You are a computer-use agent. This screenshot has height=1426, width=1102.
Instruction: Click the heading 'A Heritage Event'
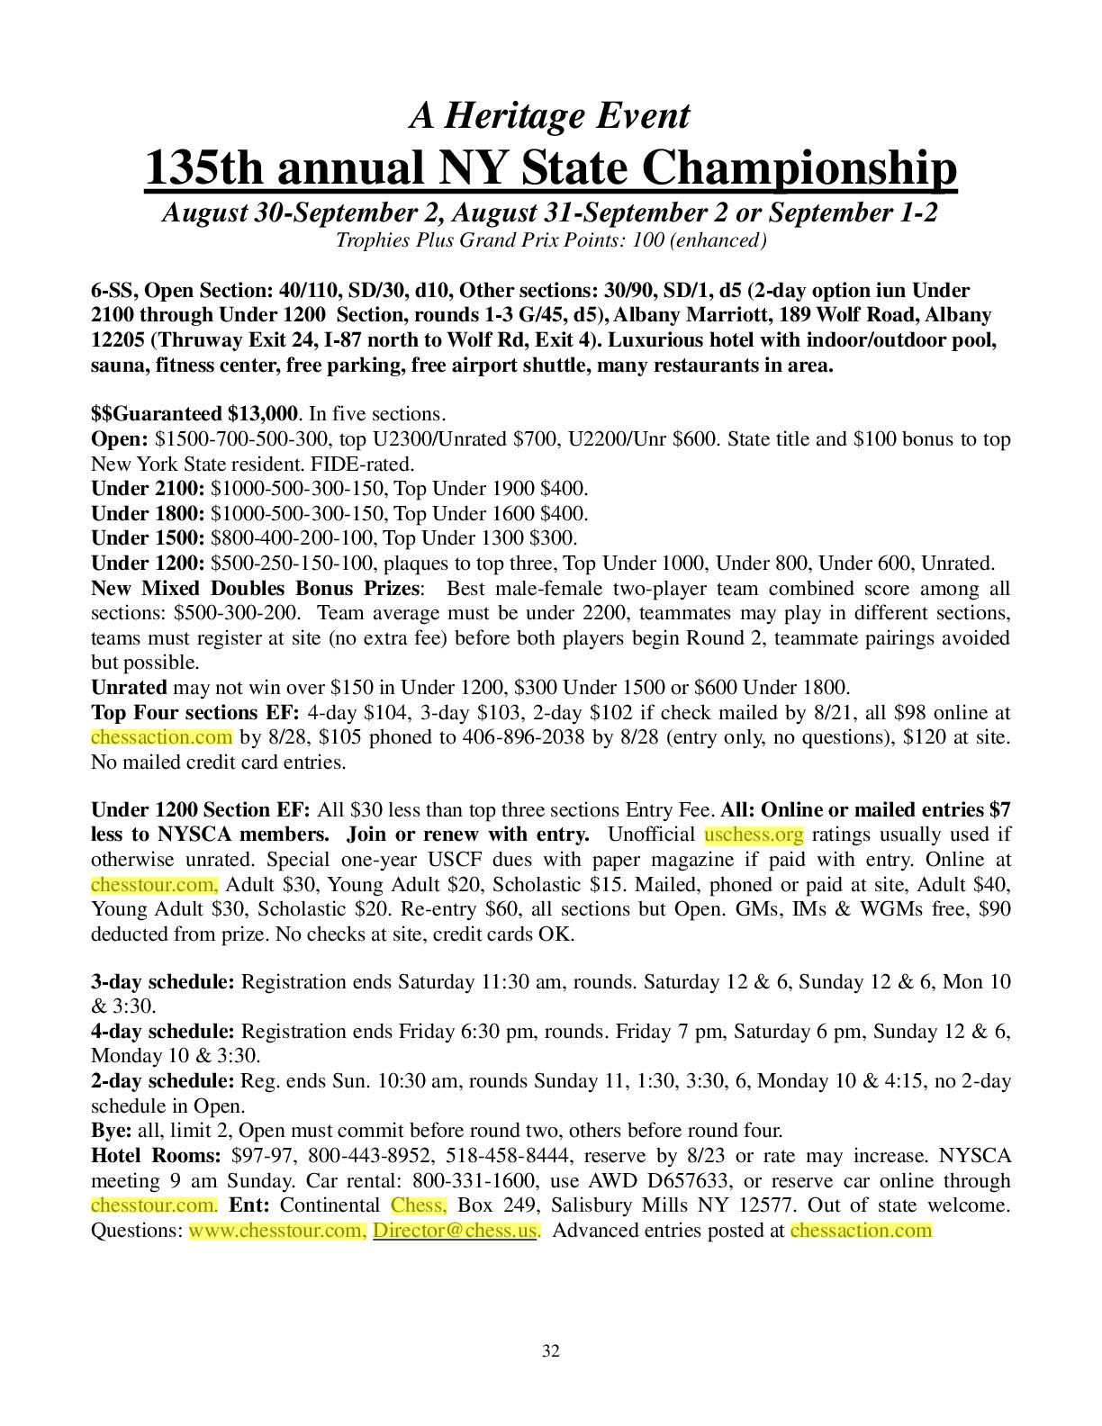pyautogui.click(x=550, y=115)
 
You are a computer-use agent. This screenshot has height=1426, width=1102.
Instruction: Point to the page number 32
pyautogui.click(x=551, y=1350)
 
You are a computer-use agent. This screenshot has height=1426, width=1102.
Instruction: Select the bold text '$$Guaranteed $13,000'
pyautogui.click(x=194, y=414)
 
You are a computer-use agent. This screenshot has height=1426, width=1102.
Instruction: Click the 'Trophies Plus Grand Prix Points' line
pyautogui.click(x=550, y=240)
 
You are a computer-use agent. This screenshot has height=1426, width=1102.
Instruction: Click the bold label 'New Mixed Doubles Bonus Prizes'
pyautogui.click(x=255, y=589)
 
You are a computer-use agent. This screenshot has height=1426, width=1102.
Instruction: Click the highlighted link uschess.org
pyautogui.click(x=754, y=835)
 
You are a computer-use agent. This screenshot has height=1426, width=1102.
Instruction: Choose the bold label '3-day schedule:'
pyautogui.click(x=162, y=981)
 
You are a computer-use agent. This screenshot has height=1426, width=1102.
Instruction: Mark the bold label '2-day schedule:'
pyautogui.click(x=162, y=1080)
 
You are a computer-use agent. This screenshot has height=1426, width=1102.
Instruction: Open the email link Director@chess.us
pyautogui.click(x=456, y=1231)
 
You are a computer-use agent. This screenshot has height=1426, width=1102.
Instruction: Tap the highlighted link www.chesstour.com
pyautogui.click(x=277, y=1231)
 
